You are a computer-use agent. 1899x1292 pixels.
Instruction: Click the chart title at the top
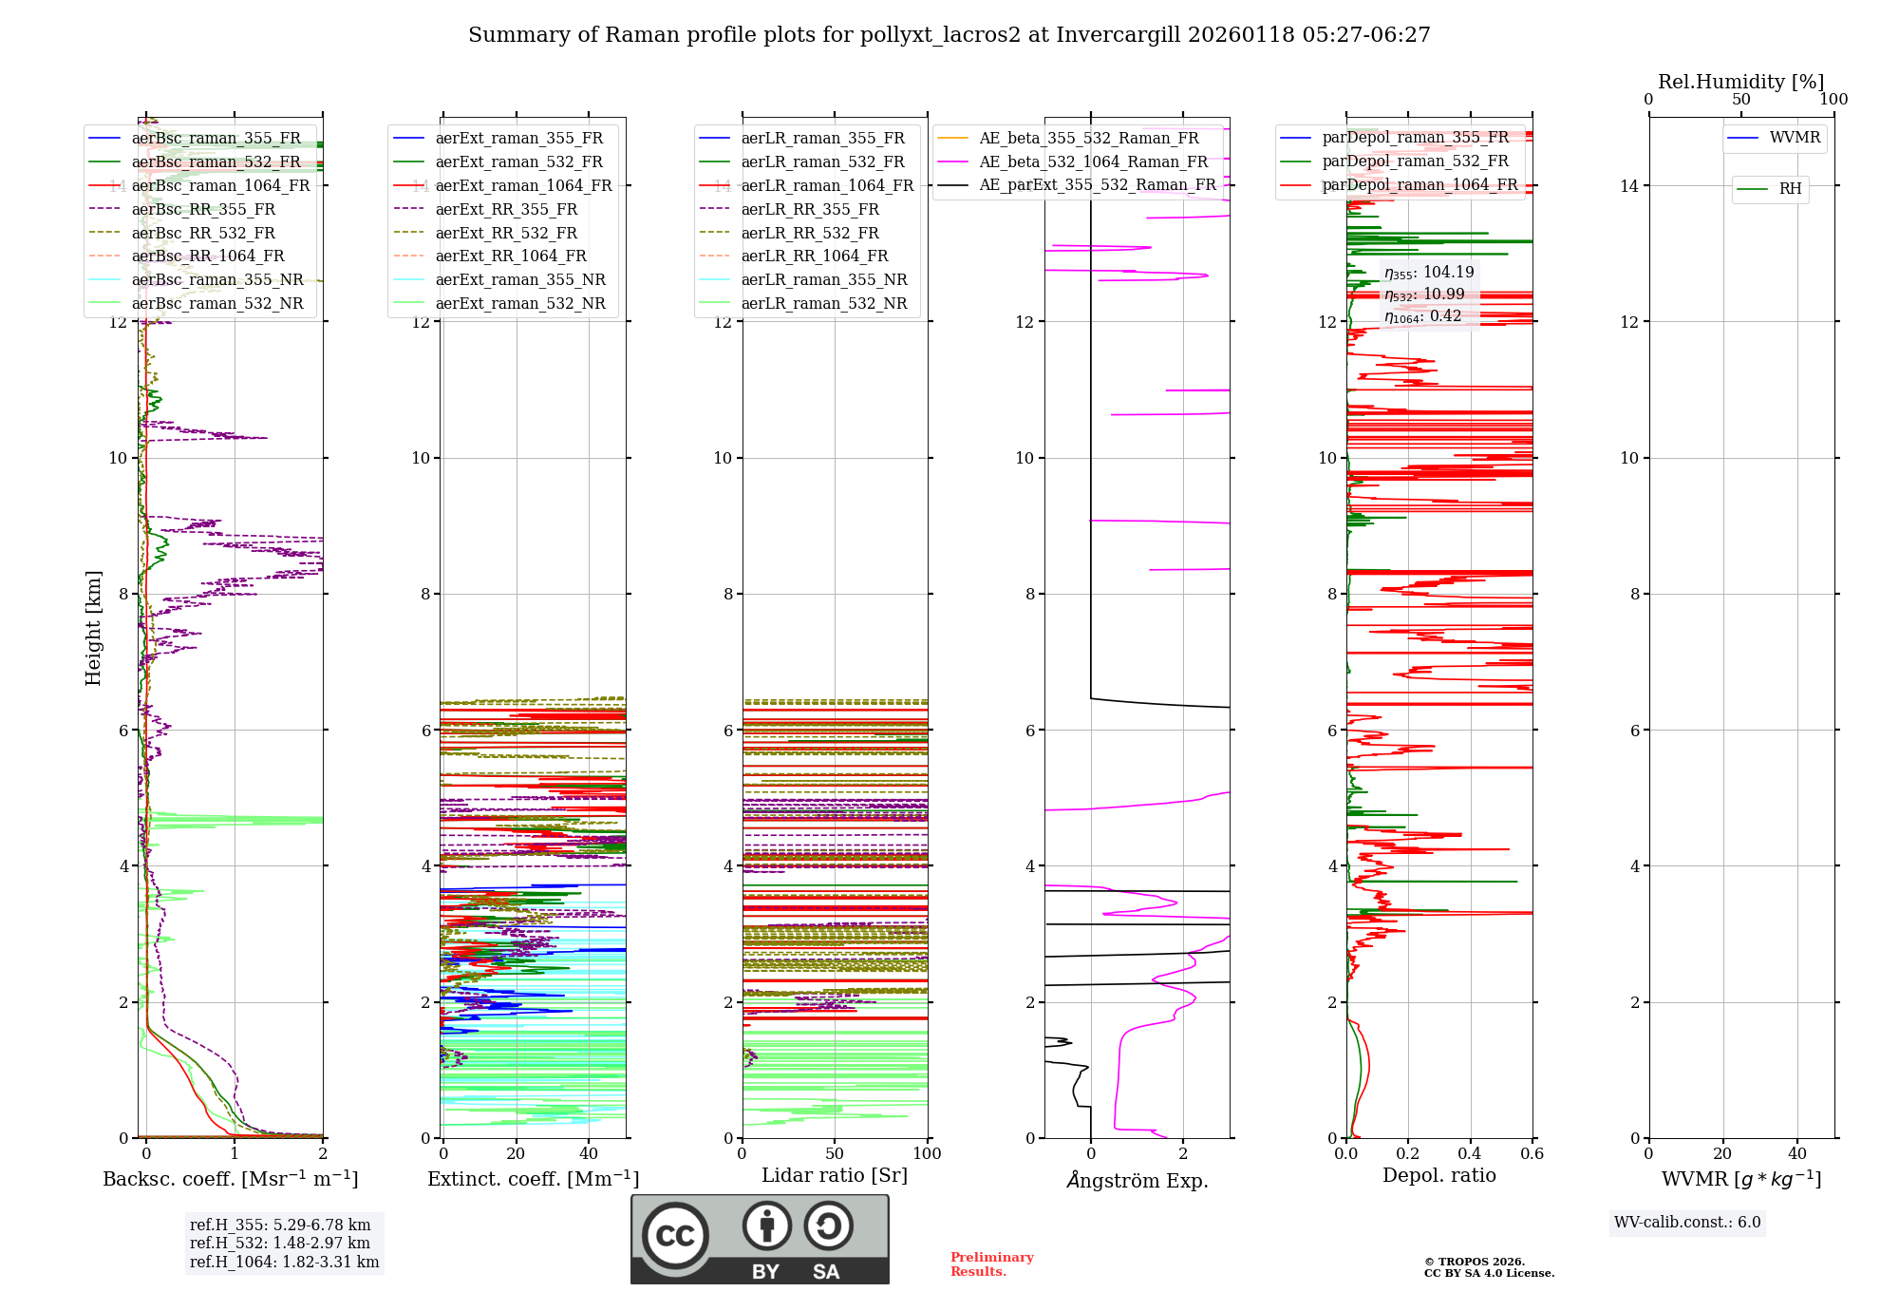949,35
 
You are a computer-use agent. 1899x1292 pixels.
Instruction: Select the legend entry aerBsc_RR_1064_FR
208,256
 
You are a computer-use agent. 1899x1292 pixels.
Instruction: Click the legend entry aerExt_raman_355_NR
519,280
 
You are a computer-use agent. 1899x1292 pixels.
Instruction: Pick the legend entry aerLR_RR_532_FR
809,233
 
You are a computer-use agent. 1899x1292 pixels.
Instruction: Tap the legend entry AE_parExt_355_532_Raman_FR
1097,185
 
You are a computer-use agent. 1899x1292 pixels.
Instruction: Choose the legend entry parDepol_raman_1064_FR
1420,185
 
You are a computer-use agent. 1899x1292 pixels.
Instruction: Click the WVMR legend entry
1794,138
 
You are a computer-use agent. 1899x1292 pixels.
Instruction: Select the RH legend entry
1789,189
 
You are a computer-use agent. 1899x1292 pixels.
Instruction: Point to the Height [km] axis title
93,628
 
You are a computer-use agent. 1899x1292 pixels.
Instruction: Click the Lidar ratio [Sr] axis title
834,1176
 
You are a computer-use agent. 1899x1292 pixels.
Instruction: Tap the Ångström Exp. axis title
1137,1181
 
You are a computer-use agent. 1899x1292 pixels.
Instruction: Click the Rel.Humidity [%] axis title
1740,82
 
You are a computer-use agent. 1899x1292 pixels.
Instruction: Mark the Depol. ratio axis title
1438,1176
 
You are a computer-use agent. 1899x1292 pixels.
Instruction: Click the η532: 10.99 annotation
1424,294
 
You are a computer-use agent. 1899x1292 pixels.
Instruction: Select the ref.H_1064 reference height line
284,1263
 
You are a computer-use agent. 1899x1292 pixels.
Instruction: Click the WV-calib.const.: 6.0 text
1686,1223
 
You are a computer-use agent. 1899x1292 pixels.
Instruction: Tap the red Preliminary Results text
991,1264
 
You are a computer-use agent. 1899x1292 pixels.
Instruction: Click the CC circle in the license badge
675,1236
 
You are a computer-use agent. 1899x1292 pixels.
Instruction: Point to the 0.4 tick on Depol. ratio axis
1470,1154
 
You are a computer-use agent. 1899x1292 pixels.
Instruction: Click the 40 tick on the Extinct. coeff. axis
589,1154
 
